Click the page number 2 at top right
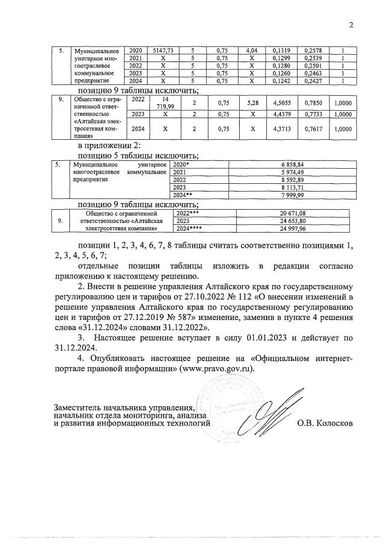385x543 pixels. (350, 25)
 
